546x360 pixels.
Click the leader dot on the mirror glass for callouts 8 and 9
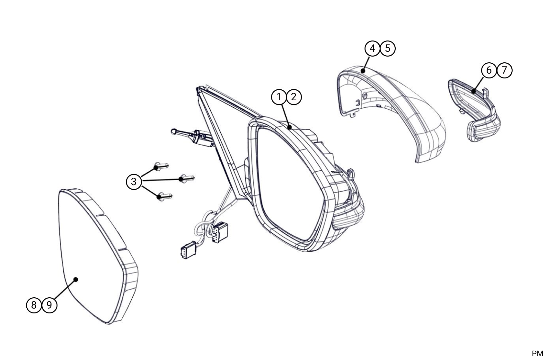[76, 280]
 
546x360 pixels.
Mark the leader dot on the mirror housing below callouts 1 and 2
[290, 127]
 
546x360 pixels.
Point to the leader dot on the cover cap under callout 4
[363, 71]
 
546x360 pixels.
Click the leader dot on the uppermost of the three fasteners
[156, 167]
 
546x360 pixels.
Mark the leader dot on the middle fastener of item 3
[181, 179]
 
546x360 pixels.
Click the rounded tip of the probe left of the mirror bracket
[174, 131]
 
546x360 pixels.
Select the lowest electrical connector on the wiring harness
[189, 250]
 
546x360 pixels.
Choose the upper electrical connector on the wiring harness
[220, 232]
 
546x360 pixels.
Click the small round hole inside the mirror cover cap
[365, 96]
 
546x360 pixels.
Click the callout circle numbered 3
[134, 182]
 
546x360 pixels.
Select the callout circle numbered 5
[388, 49]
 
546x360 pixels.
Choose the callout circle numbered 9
[49, 305]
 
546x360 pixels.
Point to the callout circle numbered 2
[294, 97]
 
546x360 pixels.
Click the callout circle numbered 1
[279, 97]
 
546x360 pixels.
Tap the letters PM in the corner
[537, 354]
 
